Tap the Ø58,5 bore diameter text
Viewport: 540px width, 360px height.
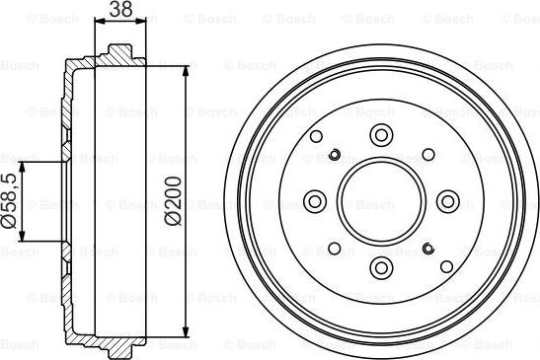pos(9,201)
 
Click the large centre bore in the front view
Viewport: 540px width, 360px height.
pos(381,201)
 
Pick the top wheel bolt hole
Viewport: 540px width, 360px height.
pos(381,135)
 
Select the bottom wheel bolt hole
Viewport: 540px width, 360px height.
pos(381,267)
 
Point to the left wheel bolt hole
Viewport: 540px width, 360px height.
pos(315,201)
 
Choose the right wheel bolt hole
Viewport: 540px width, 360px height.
pos(447,201)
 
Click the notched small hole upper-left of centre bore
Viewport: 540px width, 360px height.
pos(335,154)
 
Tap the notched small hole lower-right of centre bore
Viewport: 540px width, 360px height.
pos(428,249)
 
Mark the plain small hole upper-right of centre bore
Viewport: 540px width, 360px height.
pos(428,154)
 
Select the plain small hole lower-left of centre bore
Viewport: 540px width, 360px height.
pos(334,249)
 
